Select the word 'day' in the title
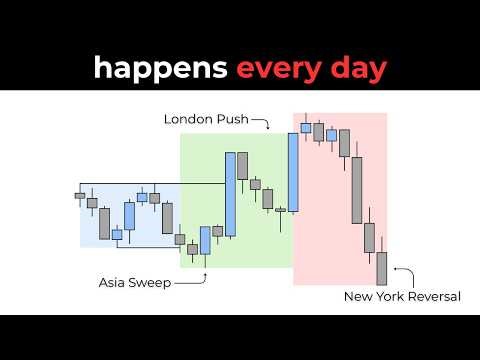tap(352, 68)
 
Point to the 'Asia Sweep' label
tap(135, 283)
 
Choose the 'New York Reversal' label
tap(401, 296)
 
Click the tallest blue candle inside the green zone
tap(230, 194)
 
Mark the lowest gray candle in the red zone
tap(381, 268)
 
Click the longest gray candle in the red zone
tap(356, 190)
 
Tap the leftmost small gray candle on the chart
tap(80, 196)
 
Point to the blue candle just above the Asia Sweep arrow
tap(205, 240)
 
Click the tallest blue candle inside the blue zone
tap(129, 215)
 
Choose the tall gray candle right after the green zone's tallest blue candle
tap(242, 166)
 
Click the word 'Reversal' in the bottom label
tap(431, 296)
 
